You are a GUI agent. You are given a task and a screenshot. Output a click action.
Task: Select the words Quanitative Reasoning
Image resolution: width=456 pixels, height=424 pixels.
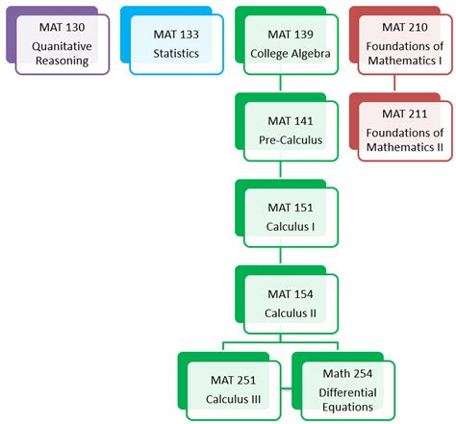coord(60,52)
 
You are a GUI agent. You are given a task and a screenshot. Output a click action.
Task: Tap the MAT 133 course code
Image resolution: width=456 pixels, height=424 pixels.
coord(174,34)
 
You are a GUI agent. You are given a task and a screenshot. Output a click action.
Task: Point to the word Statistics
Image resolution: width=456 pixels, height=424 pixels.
coord(174,54)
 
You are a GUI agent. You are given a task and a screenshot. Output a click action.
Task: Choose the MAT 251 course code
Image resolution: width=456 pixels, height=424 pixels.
coord(233,380)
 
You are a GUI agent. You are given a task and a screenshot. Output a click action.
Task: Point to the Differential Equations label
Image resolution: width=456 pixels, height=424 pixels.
coord(345,399)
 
